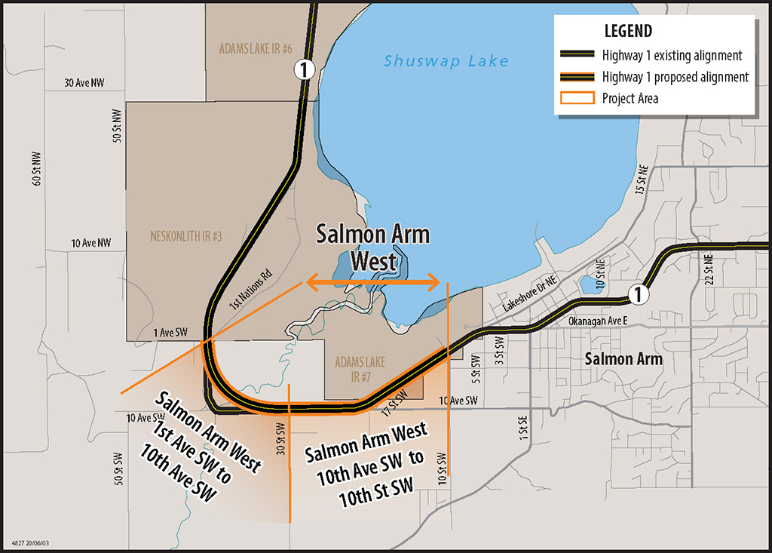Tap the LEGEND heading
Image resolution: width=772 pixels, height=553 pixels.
[628, 32]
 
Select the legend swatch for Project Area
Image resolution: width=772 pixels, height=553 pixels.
[577, 98]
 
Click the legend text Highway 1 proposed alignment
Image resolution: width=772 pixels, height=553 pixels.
[675, 77]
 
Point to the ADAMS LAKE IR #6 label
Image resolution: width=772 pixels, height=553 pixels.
[256, 49]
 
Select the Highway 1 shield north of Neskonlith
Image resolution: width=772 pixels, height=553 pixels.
[303, 70]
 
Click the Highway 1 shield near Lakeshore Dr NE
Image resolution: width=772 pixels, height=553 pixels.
[638, 294]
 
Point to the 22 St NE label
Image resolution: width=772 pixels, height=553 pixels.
[708, 269]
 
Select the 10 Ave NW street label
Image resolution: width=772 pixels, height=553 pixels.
[91, 243]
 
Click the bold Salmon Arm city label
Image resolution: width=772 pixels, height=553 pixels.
[623, 358]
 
